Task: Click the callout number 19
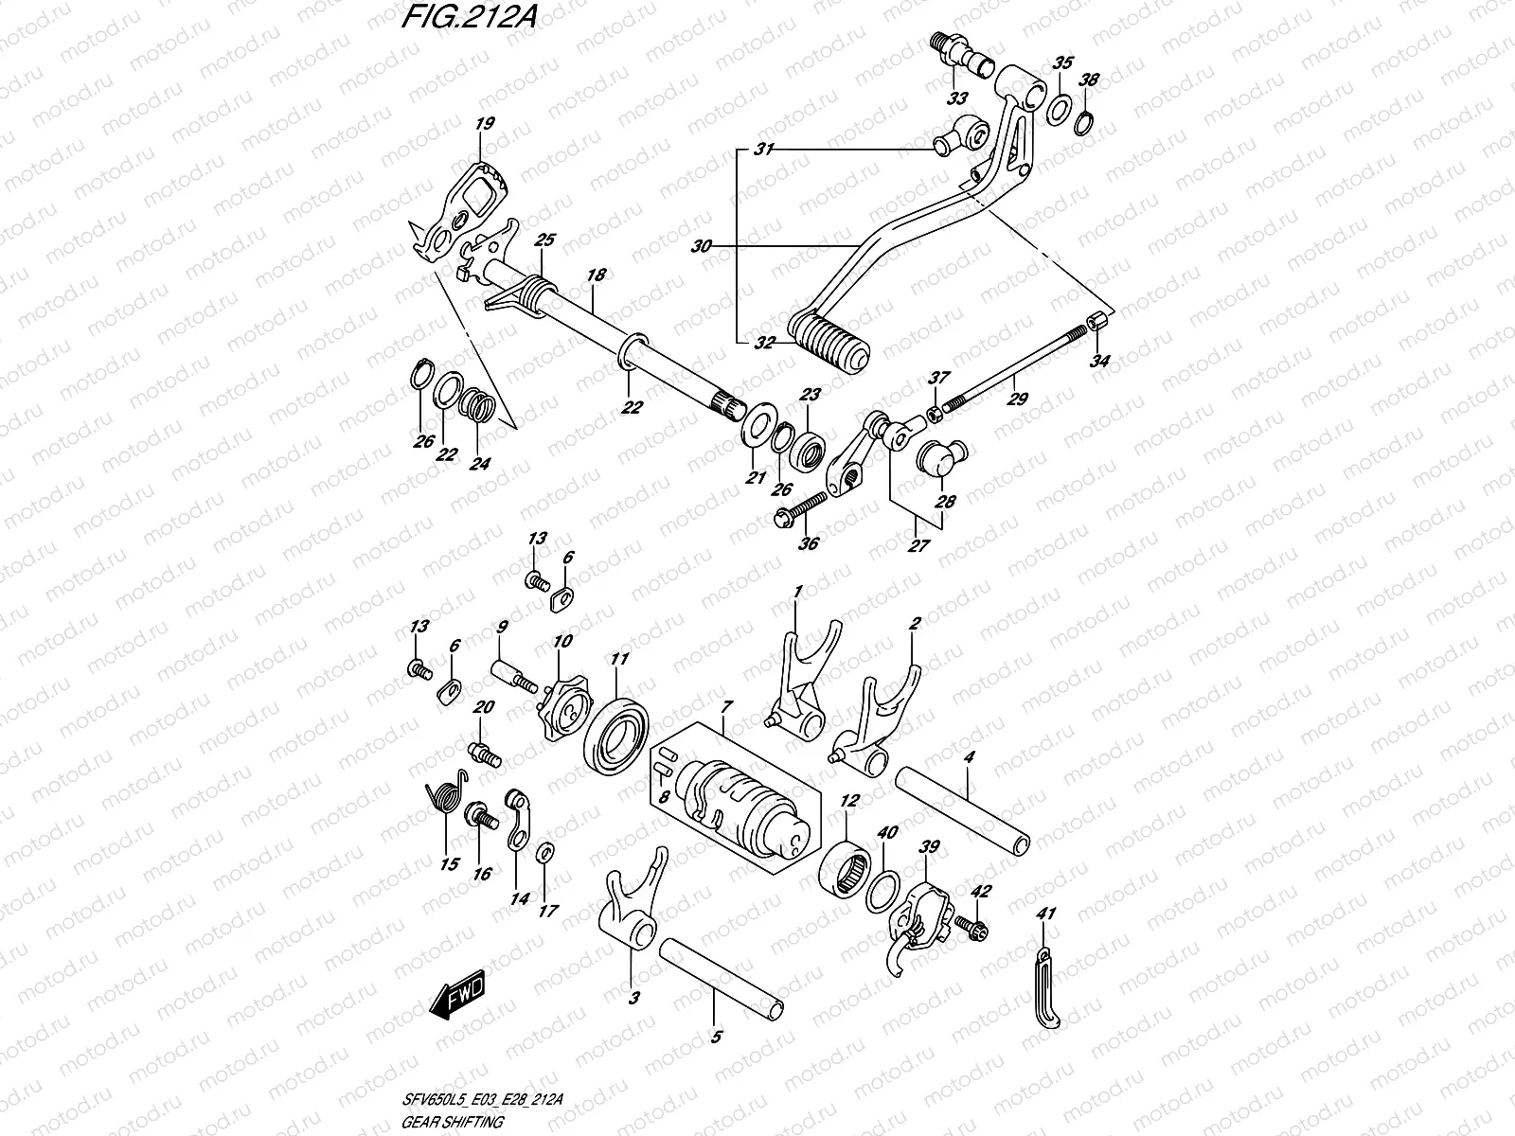485,124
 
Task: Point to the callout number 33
957,98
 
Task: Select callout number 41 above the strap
1045,914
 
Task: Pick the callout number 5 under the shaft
715,1037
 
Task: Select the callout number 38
1090,80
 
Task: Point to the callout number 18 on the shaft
596,275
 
